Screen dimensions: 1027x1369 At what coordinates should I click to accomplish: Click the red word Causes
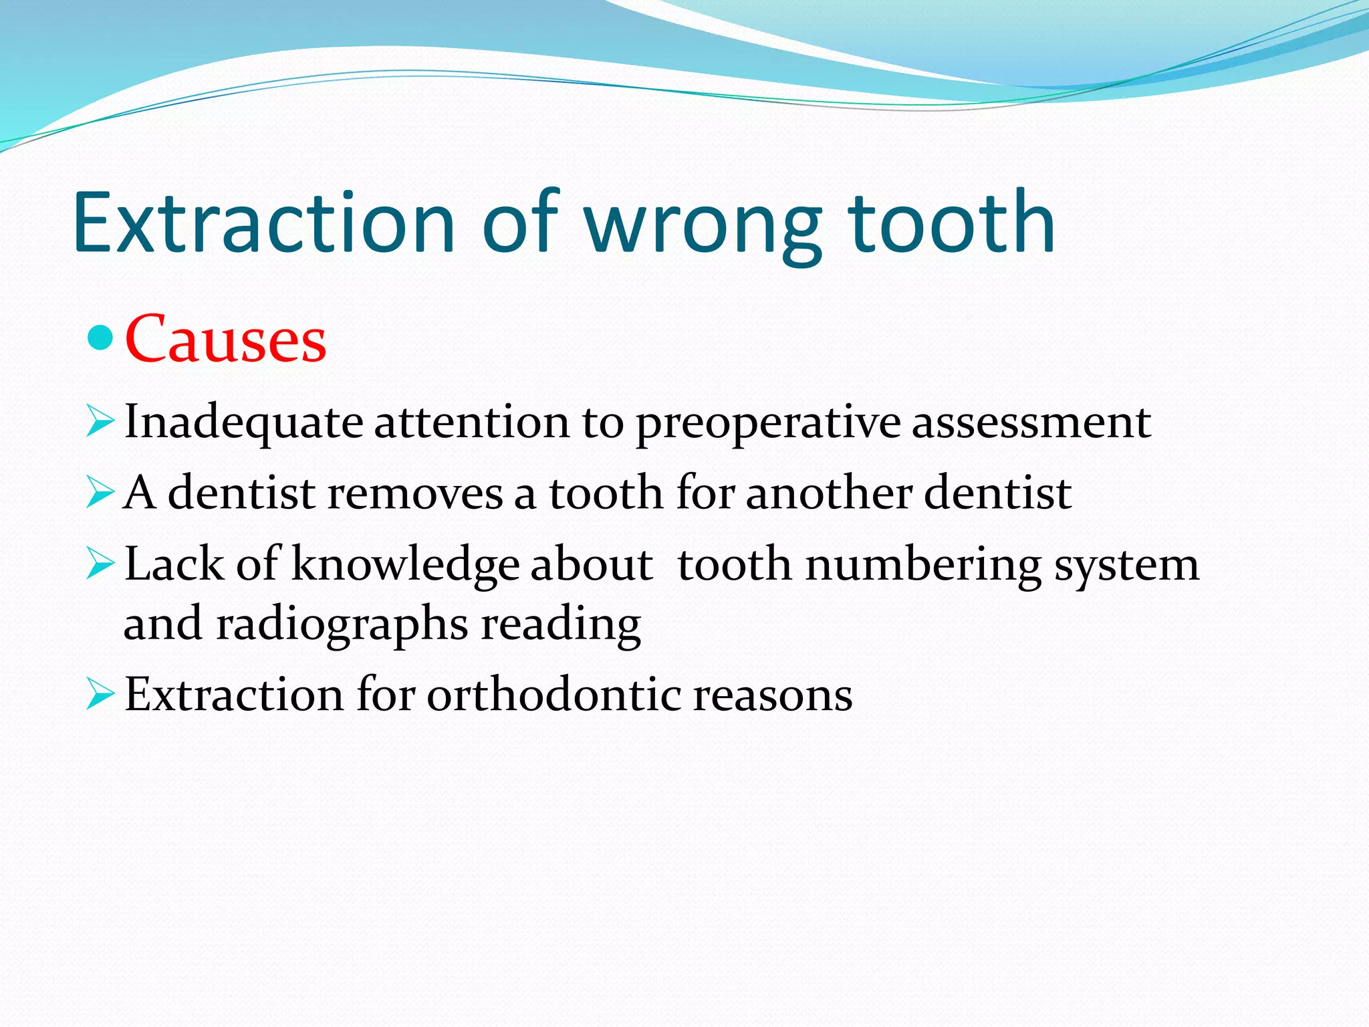coord(225,340)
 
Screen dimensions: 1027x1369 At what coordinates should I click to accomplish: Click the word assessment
coord(1031,423)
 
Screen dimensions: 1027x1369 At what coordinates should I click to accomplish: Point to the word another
coord(829,493)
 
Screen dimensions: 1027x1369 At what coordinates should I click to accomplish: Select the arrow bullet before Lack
coord(100,566)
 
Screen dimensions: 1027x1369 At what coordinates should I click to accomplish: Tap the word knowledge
coord(405,566)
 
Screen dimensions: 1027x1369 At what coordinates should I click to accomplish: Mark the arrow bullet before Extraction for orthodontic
coord(100,696)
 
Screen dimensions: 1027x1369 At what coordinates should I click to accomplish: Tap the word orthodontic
coord(554,695)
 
